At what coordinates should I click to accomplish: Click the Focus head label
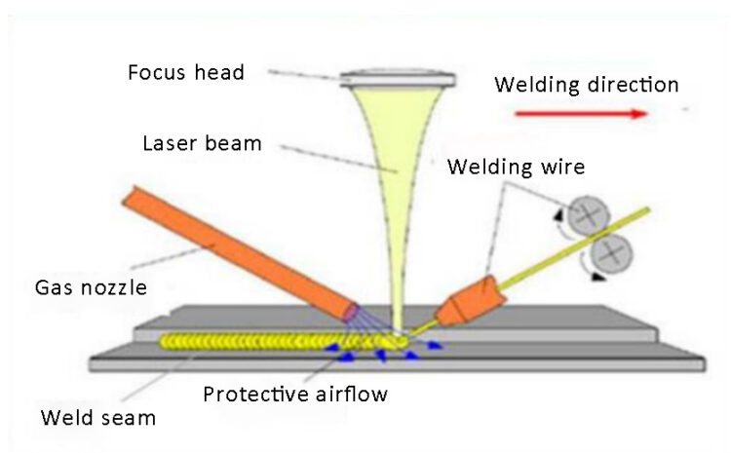coord(185,73)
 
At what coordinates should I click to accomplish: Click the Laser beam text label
coord(203,143)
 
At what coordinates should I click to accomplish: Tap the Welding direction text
coord(586,85)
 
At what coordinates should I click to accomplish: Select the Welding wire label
coord(516,167)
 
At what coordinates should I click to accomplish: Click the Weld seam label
coord(97,420)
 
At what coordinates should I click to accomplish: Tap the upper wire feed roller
coord(589,216)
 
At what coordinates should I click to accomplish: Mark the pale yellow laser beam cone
coord(400,175)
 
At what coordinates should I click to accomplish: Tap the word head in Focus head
coord(219,73)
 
